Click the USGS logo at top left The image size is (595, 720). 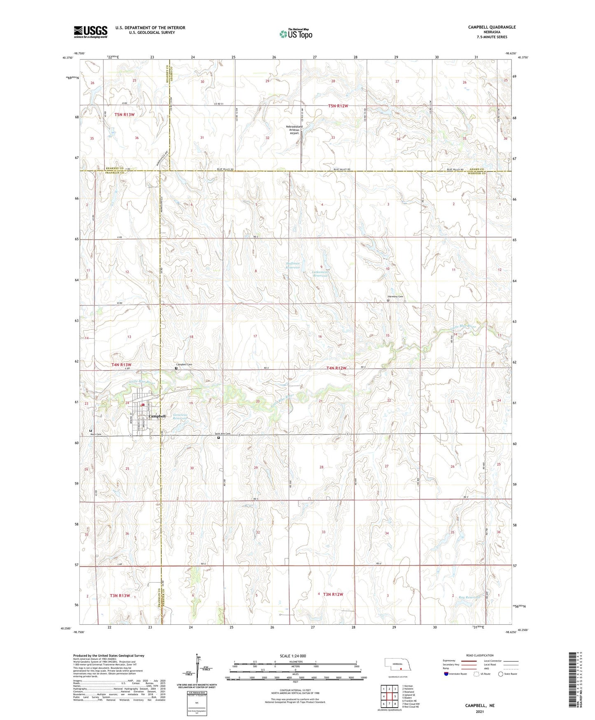(x=90, y=32)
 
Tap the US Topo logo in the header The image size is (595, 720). (x=296, y=34)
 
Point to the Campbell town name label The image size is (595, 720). (x=157, y=416)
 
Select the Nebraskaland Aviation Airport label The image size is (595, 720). (x=294, y=130)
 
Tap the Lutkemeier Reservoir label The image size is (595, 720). (x=320, y=274)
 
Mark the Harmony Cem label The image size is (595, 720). (x=395, y=297)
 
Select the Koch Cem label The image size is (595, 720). (x=96, y=434)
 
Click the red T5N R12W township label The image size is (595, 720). (x=338, y=106)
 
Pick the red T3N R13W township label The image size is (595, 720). (x=120, y=595)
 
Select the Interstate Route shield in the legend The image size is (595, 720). (x=446, y=674)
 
